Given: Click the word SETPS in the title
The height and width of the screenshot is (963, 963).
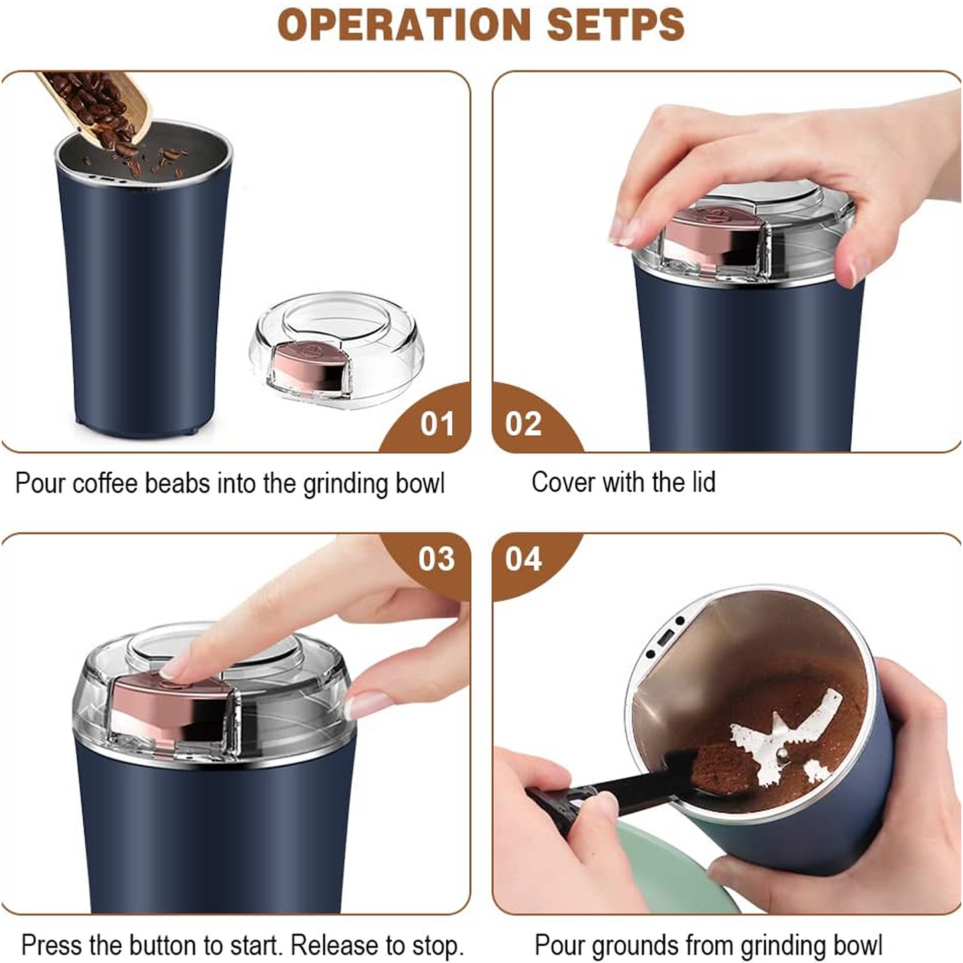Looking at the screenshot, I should [x=615, y=25].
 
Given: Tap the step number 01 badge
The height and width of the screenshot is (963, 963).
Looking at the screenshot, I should [x=437, y=425].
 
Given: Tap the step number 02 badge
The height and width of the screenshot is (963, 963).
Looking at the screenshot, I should [x=524, y=425].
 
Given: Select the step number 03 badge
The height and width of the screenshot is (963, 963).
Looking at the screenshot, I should [x=437, y=559].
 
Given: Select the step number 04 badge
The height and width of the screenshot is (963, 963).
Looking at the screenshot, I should [x=524, y=559].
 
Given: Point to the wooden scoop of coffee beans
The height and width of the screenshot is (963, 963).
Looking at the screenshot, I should [x=100, y=107].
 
